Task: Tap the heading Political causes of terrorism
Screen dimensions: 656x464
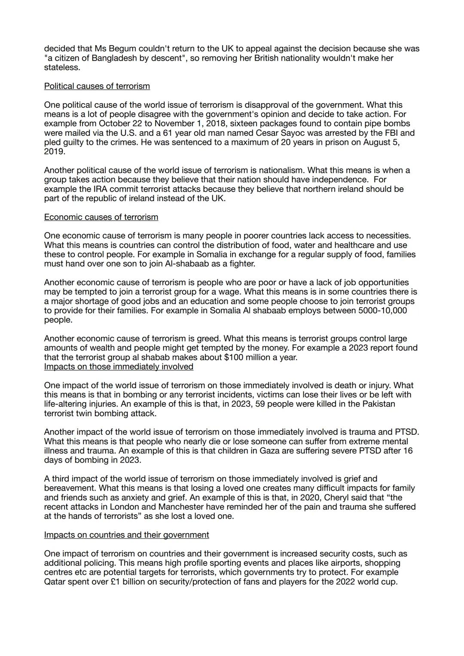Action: [97, 86]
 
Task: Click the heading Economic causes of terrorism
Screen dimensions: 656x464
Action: [101, 217]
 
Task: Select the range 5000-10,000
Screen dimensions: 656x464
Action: [382, 310]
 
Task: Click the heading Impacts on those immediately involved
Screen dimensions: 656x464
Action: [119, 366]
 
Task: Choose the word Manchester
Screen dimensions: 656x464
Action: [177, 507]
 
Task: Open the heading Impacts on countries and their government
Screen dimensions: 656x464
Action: [126, 535]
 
